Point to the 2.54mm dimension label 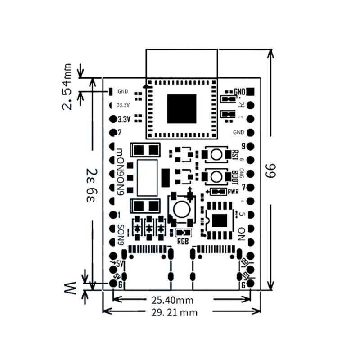(67, 86)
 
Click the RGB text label (184, 241)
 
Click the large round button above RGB (181, 209)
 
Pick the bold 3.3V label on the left (123, 120)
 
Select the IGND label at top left (122, 92)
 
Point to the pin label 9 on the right (243, 146)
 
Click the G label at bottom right (243, 285)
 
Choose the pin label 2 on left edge (120, 133)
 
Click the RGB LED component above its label (183, 233)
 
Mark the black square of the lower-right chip (220, 220)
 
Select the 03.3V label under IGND (123, 106)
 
